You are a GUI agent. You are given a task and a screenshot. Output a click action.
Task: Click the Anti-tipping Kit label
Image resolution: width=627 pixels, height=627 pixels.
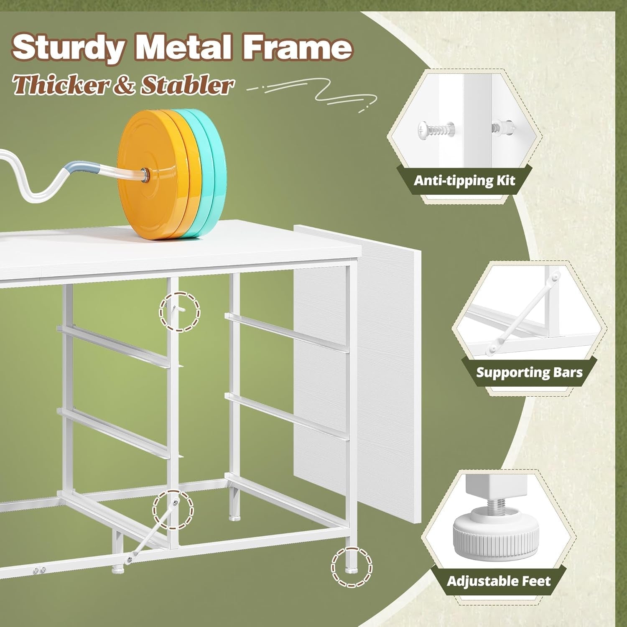click(x=464, y=181)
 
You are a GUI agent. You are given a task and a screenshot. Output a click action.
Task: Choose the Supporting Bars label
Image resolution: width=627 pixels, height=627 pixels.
click(x=529, y=372)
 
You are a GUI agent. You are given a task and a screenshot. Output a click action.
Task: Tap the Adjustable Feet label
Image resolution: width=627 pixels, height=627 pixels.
click(x=499, y=581)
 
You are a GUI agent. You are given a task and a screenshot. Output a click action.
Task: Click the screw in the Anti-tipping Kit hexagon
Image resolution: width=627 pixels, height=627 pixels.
click(x=436, y=130)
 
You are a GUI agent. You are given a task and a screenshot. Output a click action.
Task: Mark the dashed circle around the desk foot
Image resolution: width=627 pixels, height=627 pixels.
click(x=352, y=567)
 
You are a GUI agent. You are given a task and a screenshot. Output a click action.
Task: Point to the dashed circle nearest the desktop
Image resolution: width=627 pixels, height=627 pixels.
click(x=180, y=312)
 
